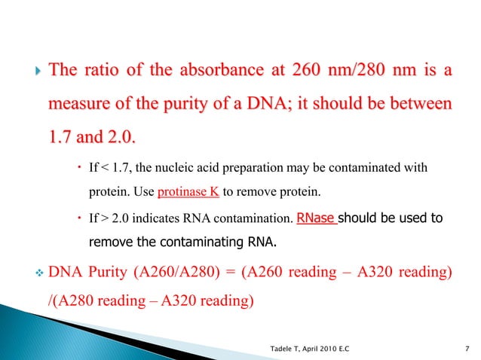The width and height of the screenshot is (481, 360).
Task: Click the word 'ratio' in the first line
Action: (102, 72)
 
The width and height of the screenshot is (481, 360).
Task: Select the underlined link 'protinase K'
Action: (188, 191)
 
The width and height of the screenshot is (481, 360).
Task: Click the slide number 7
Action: (469, 347)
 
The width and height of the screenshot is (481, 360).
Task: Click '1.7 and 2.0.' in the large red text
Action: (90, 138)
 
